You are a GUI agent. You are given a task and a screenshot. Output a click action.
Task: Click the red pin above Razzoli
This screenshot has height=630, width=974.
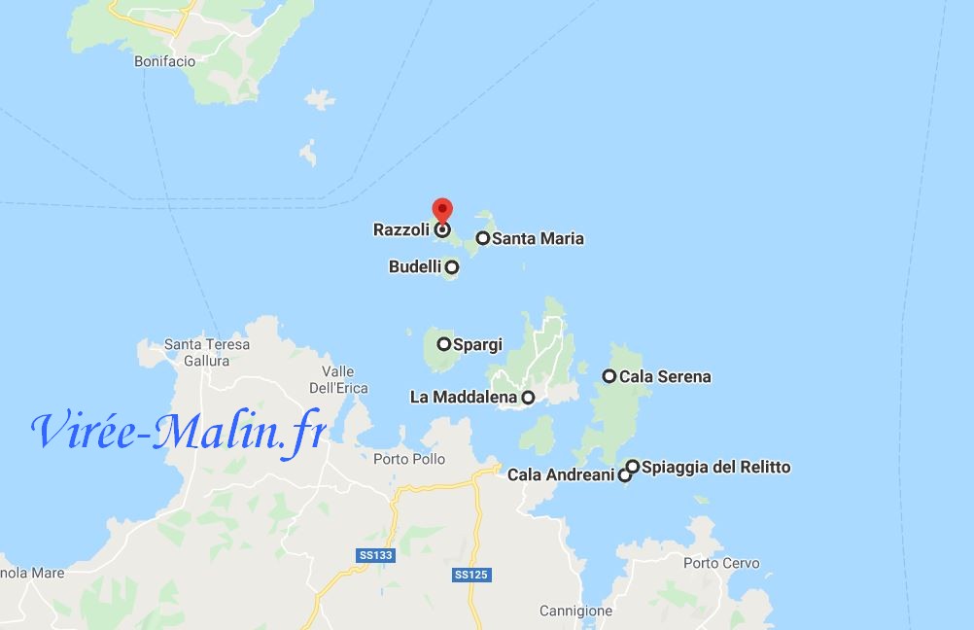(442, 209)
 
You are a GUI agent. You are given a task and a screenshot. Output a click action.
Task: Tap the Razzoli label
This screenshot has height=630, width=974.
(400, 230)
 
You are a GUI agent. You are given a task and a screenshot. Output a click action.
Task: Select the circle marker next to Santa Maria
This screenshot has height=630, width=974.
(482, 238)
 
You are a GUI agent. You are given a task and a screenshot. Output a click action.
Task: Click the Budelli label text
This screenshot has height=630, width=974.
(414, 266)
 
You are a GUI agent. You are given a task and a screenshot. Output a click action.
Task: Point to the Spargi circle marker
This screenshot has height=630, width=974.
(444, 343)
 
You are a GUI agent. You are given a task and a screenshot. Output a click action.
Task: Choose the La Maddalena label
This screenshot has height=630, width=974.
(465, 397)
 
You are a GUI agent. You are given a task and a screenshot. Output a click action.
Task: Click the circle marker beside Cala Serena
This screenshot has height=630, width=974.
(609, 376)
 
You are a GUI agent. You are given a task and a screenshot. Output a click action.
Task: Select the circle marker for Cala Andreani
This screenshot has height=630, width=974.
(625, 475)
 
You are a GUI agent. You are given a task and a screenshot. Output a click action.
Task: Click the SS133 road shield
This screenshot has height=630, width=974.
(375, 555)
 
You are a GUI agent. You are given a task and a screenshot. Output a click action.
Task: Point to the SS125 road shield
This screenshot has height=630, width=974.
(470, 575)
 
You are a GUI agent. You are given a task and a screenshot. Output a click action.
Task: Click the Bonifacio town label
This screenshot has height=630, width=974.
(164, 61)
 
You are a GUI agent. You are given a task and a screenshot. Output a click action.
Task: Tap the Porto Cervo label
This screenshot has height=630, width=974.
(721, 563)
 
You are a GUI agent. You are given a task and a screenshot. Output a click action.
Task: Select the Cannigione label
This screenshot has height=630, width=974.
(576, 612)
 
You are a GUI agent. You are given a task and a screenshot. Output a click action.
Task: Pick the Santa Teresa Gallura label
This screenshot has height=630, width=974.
(207, 352)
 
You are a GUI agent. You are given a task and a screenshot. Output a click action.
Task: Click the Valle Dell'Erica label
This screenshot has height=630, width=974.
(338, 379)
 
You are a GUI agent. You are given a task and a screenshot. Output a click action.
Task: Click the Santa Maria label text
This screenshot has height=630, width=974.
(538, 238)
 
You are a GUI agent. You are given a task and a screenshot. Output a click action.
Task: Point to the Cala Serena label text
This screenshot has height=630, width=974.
(665, 376)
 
